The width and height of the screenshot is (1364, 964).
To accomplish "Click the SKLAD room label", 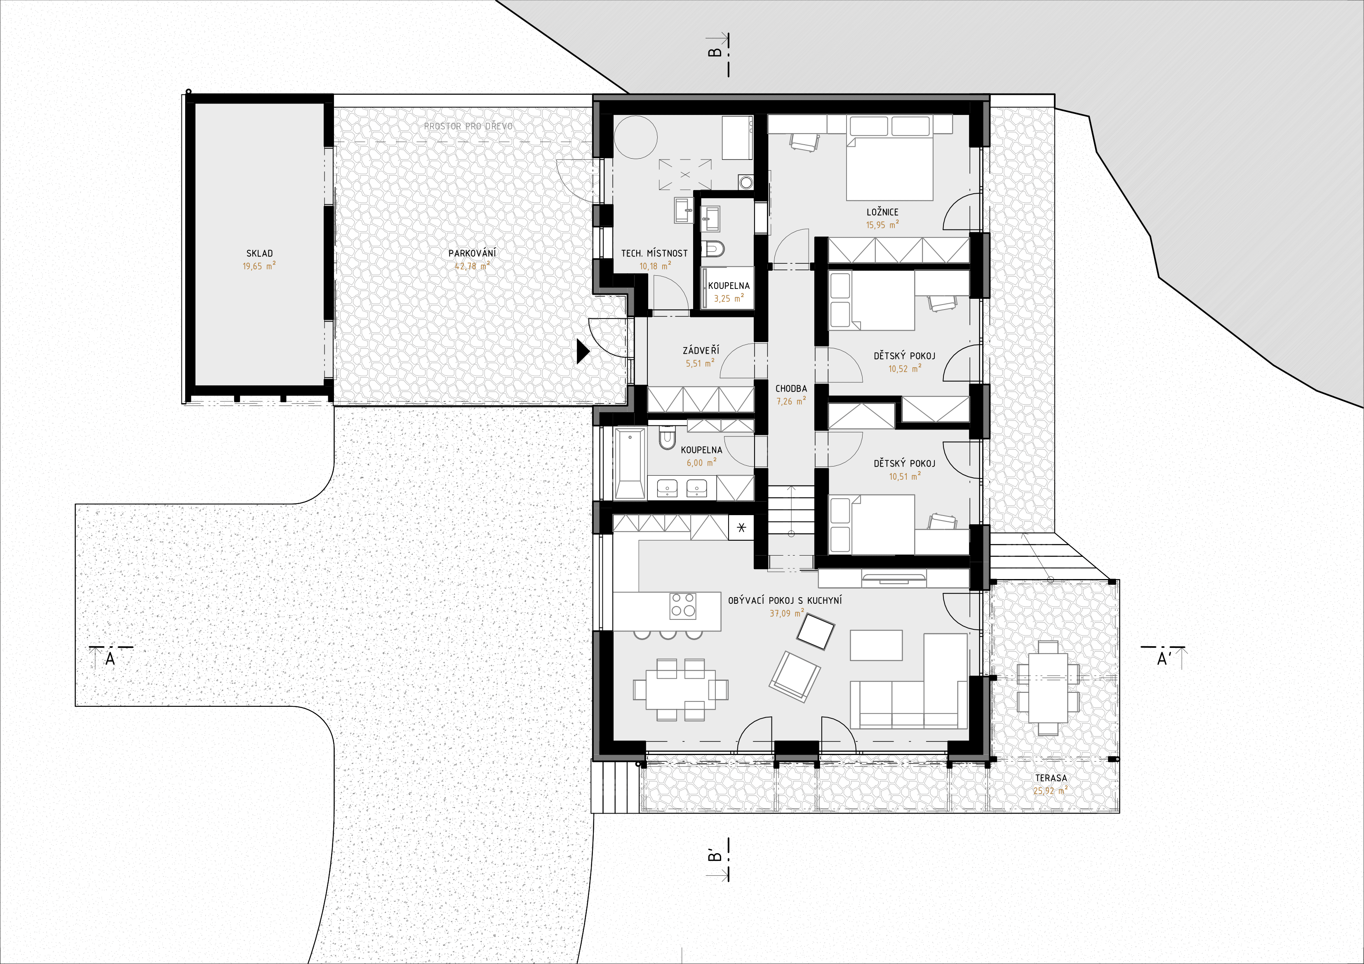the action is click(260, 253).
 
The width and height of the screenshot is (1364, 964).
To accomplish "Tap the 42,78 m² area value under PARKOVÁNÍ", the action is click(472, 266).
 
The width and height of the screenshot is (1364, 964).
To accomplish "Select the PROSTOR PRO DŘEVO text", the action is click(468, 126).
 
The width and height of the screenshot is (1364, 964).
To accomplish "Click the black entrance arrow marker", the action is click(583, 351).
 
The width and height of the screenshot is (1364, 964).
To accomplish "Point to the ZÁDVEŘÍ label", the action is click(701, 350).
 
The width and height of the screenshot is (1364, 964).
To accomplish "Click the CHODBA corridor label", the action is click(791, 389).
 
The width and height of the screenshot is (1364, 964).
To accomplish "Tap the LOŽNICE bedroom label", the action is click(882, 212).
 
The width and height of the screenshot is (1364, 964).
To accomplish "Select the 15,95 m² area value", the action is click(882, 225).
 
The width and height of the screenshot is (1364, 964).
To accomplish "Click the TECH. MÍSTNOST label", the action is click(654, 253).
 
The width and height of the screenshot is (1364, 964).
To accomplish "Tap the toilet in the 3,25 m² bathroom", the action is click(713, 248).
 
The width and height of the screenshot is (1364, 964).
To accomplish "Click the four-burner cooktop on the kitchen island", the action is click(682, 606).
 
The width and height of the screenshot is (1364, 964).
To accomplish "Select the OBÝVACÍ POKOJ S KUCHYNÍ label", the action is click(785, 600).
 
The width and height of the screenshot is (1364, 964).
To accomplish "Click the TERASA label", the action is click(1051, 778).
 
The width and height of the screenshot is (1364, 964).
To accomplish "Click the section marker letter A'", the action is click(1164, 658).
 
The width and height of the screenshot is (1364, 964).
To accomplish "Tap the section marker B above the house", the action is click(715, 52).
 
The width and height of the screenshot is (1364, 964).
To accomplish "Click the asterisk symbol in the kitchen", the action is click(741, 528).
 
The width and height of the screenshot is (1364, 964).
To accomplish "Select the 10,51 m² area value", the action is click(905, 476).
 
